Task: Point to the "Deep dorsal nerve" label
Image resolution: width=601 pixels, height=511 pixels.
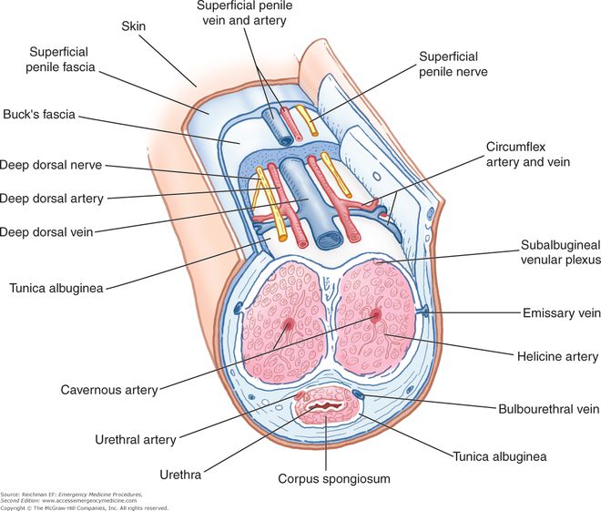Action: pyautogui.click(x=51, y=166)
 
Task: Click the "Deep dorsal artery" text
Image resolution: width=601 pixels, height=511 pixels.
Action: pyautogui.click(x=52, y=198)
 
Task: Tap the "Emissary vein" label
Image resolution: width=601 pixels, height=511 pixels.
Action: pyautogui.click(x=561, y=313)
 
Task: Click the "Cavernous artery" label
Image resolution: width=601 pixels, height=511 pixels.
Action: pyautogui.click(x=109, y=391)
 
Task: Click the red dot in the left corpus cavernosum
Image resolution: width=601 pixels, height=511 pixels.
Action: pyautogui.click(x=289, y=324)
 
